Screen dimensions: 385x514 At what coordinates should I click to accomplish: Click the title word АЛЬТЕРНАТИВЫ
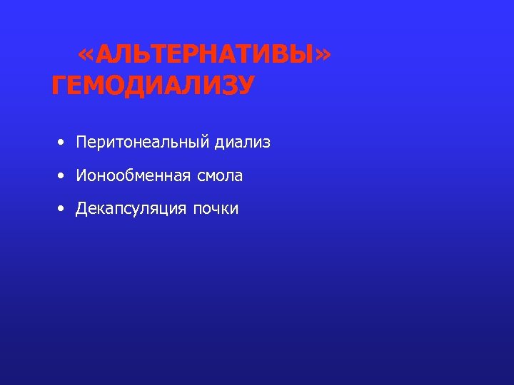tap(204, 56)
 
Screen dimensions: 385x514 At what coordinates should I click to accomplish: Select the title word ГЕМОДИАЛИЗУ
tap(153, 86)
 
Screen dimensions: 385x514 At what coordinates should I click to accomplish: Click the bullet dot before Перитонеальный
tap(63, 143)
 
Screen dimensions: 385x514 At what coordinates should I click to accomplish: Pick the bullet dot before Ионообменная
tap(63, 175)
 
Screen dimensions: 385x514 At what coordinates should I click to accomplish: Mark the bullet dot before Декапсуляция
tap(63, 209)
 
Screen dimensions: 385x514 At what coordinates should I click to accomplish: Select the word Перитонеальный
tap(142, 143)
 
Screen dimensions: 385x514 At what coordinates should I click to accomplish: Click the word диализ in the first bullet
tap(243, 143)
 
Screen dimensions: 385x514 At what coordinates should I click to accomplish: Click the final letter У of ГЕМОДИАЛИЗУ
tap(244, 86)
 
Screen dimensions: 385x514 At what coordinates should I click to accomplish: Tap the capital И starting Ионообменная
tap(81, 175)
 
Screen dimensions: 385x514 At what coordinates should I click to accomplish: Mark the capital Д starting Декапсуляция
tap(82, 209)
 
